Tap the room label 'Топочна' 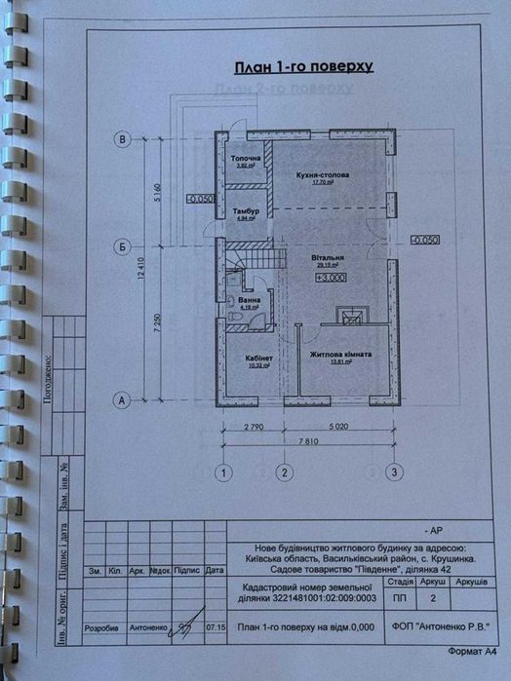(245, 158)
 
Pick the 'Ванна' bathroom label (250, 300)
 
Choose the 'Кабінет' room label (258, 358)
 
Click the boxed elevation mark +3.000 (332, 278)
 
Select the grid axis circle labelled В (123, 139)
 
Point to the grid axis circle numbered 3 (394, 473)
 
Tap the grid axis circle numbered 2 (284, 473)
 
